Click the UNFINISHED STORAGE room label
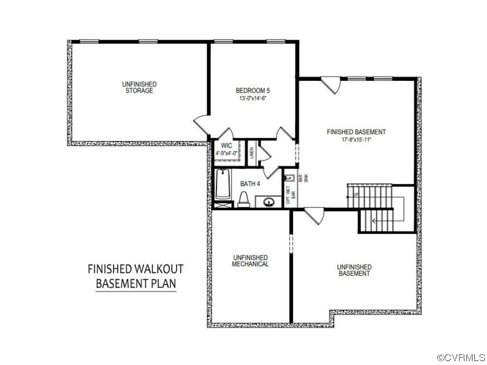139,87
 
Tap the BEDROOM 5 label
253,90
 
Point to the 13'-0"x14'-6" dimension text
253,99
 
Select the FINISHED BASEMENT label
356,132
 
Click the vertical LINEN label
252,153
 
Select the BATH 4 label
250,183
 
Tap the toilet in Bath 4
243,200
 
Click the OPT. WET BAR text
291,195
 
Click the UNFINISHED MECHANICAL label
250,260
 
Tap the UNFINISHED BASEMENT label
354,270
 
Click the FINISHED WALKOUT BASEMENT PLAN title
136,276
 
